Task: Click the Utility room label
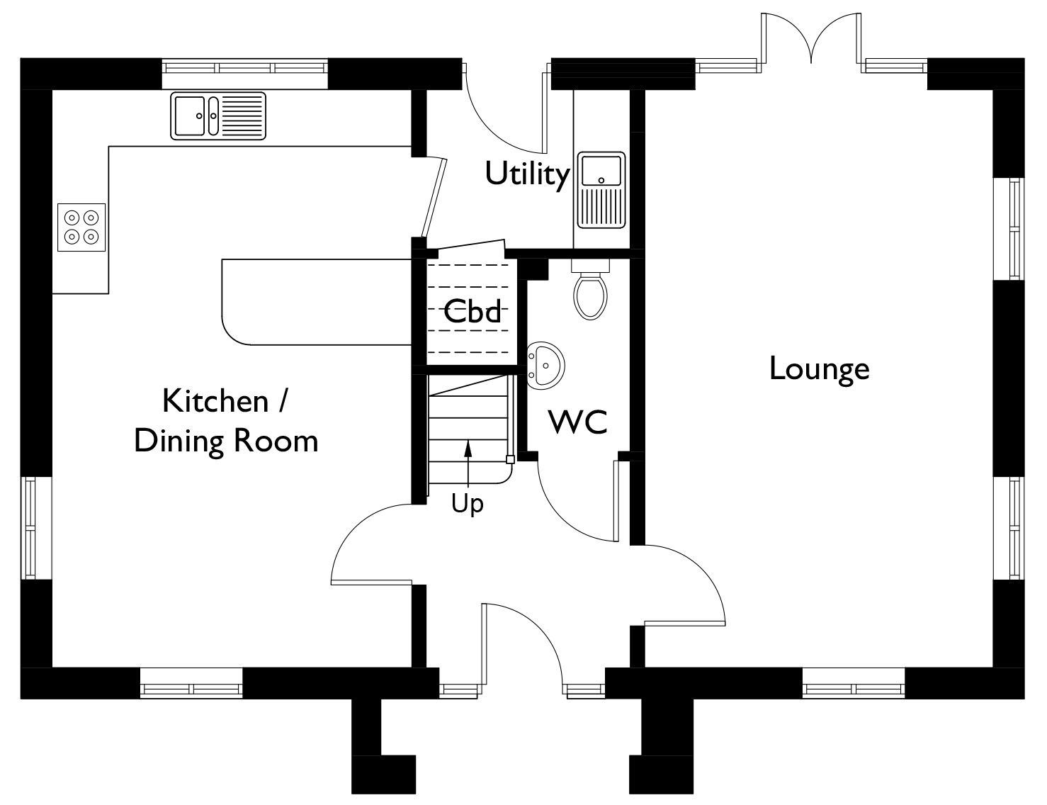[x=527, y=174]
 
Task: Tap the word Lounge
[x=819, y=369]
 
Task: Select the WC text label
[x=578, y=422]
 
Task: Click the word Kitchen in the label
[x=215, y=401]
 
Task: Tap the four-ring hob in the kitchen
[x=81, y=227]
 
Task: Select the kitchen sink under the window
[x=217, y=116]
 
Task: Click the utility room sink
[x=601, y=190]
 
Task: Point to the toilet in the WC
[x=590, y=290]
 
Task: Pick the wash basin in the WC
[x=546, y=366]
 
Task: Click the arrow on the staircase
[x=468, y=463]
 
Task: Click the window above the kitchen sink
[x=244, y=67]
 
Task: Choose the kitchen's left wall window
[x=30, y=528]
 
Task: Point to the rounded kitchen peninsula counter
[x=316, y=302]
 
